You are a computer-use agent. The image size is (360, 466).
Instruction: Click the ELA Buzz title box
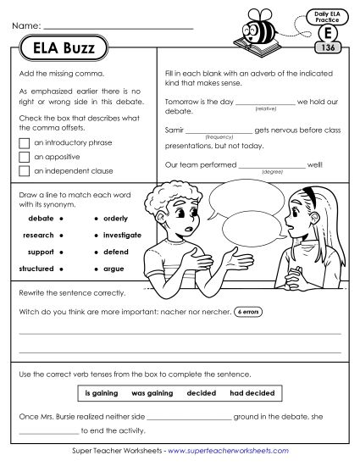tap(58, 48)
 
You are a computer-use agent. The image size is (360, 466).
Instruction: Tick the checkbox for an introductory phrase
tap(24, 142)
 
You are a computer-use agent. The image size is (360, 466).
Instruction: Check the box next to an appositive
tap(24, 157)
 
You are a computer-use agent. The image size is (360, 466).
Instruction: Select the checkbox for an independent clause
tap(24, 171)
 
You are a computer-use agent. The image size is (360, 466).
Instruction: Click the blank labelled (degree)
tap(273, 166)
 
